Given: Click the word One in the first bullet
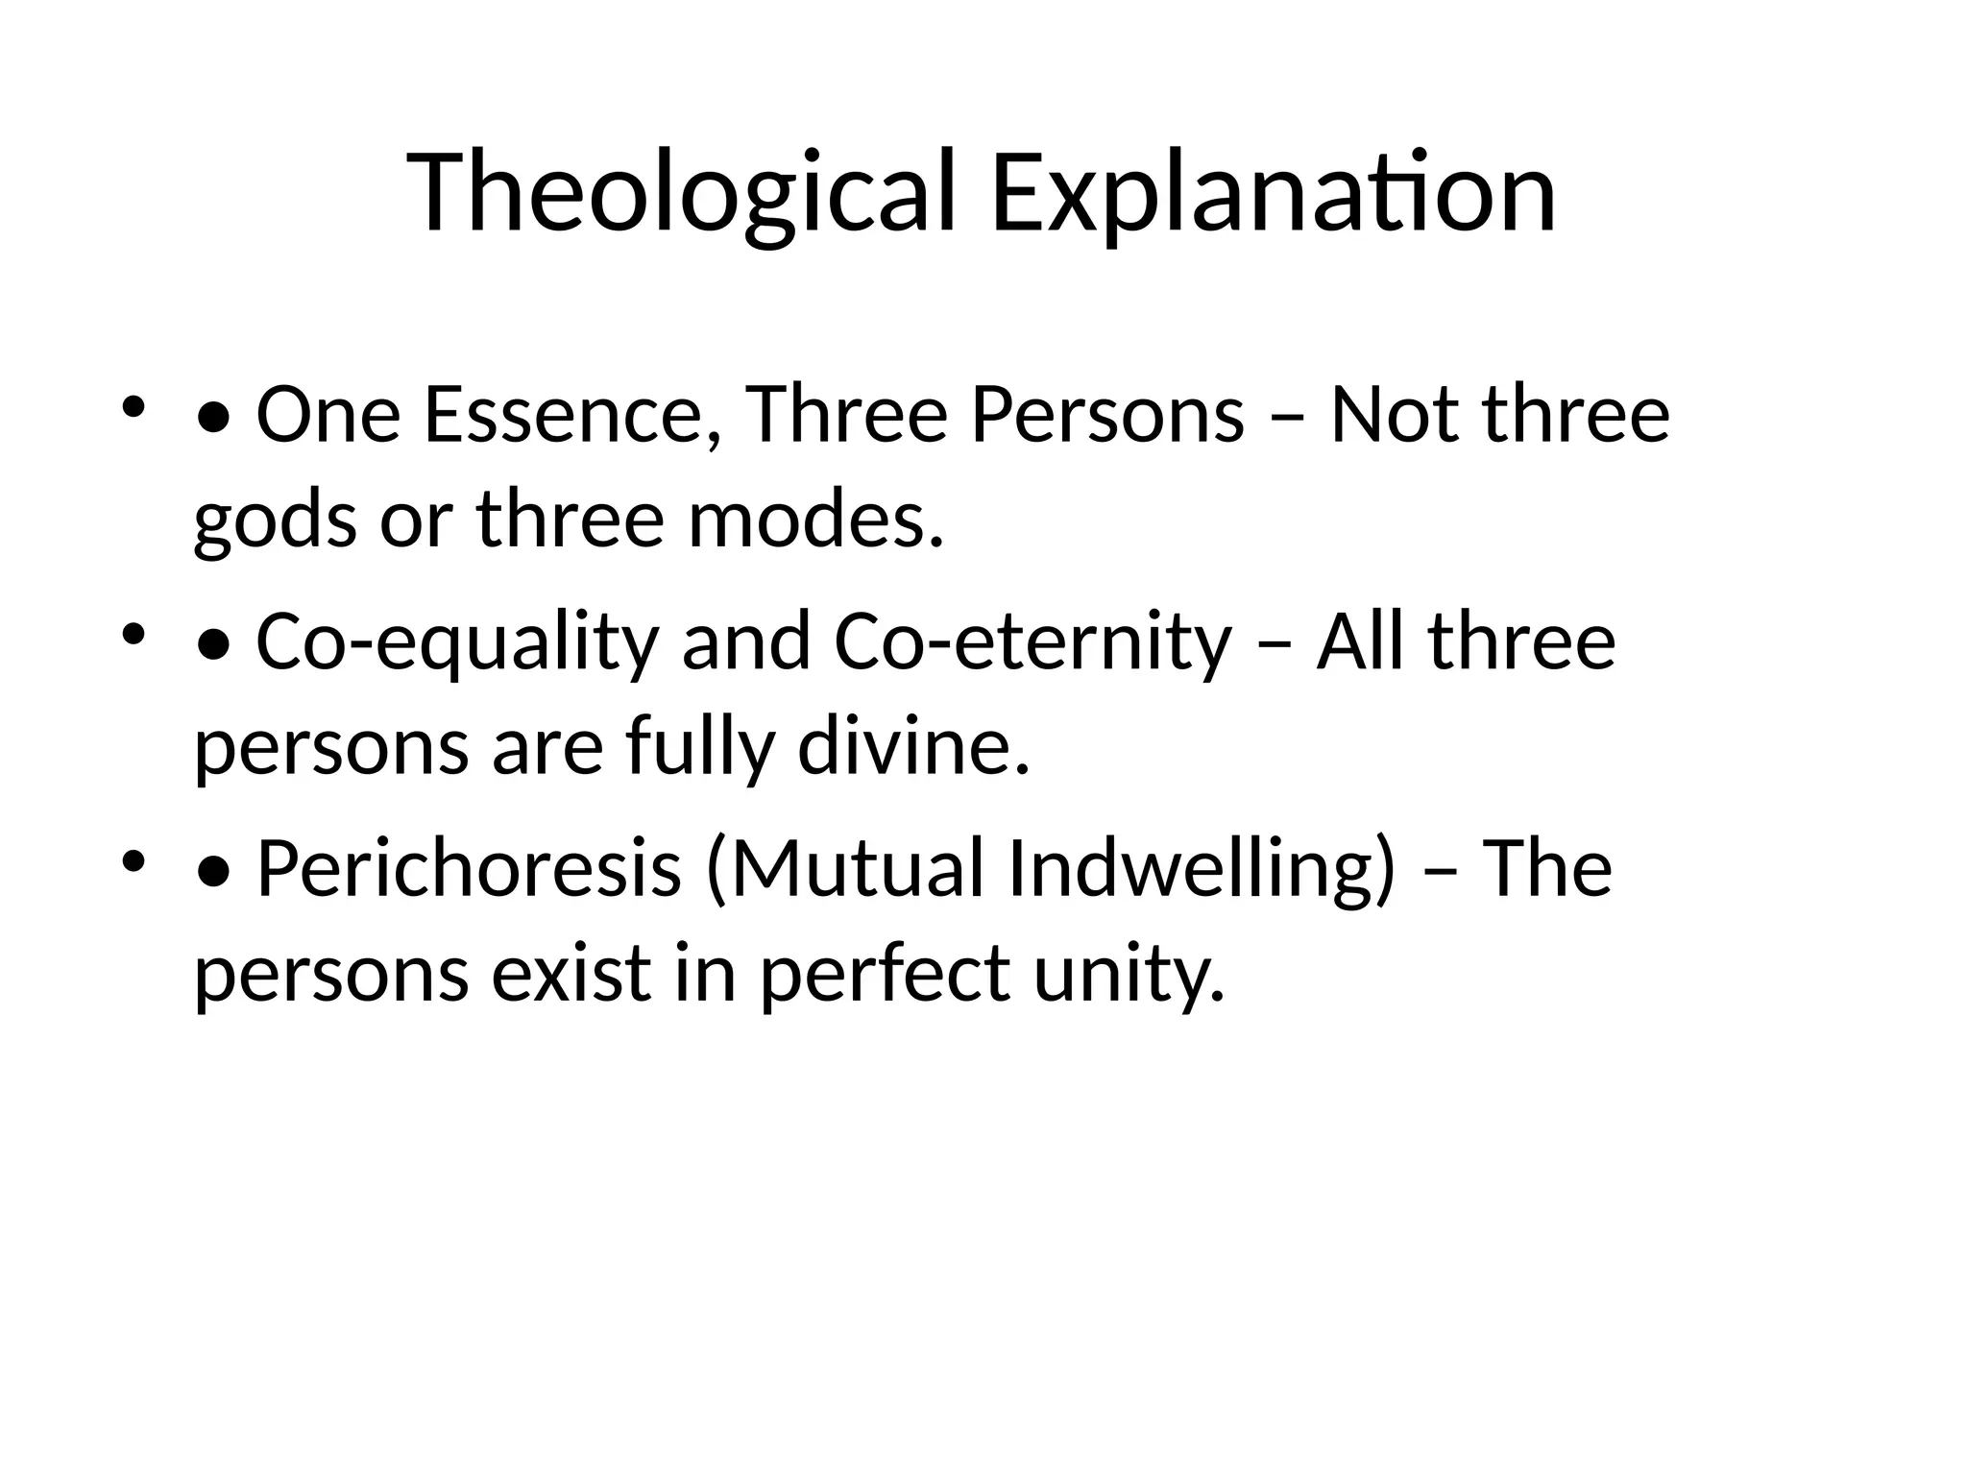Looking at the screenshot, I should tap(328, 415).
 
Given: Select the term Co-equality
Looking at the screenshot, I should tap(457, 642).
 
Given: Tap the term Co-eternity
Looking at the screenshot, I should tap(1032, 642).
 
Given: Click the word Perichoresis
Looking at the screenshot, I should tap(469, 868).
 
